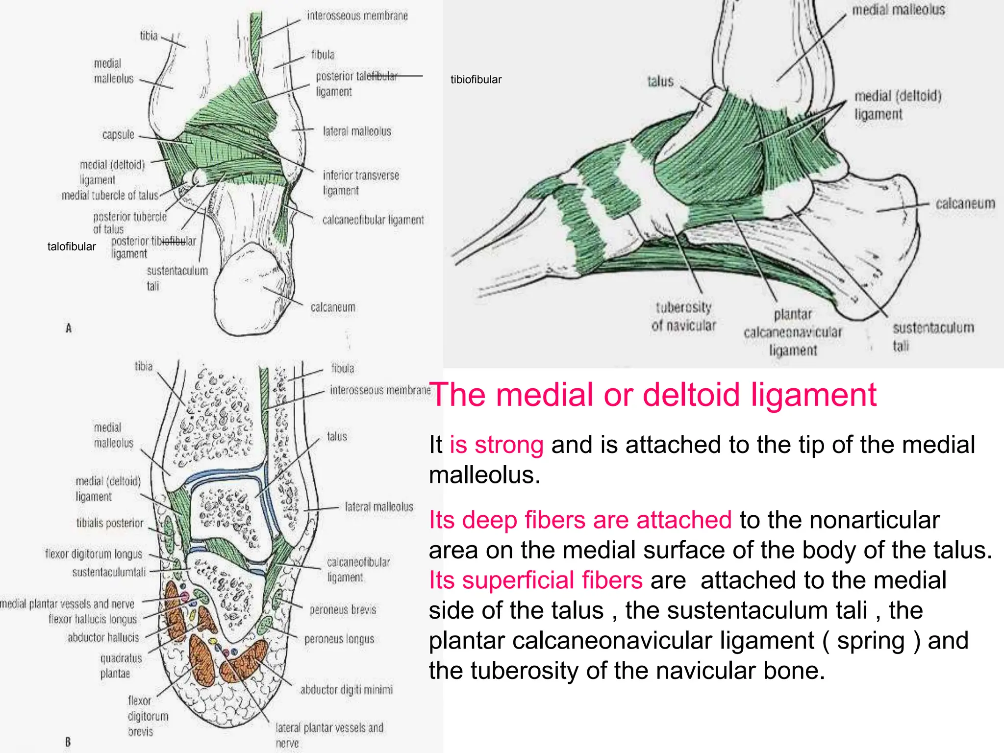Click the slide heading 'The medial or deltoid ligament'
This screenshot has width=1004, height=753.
pos(653,395)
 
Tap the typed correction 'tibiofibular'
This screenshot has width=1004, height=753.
pos(476,80)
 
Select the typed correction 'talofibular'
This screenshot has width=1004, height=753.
pos(72,247)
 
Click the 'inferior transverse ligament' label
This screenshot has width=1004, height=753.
pos(360,183)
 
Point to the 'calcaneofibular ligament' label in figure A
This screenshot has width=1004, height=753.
pos(373,220)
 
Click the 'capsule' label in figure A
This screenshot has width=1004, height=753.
pos(118,135)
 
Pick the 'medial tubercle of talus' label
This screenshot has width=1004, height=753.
pos(110,196)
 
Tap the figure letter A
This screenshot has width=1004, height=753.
pos(69,328)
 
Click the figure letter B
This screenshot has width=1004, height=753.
pos(68,742)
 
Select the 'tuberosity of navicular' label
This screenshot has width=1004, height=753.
pos(683,317)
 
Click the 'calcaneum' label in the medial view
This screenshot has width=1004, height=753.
pos(965,203)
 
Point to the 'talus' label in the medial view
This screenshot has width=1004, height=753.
pos(660,81)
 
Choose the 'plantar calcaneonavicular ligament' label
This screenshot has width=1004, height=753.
pos(793,332)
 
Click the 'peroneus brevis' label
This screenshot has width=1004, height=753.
pos(343,610)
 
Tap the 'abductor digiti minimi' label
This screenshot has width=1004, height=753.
pos(346,690)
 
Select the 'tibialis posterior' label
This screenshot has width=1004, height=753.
pos(110,524)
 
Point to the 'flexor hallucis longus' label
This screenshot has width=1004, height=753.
pos(93,620)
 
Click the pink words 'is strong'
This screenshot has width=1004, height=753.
pos(496,445)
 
